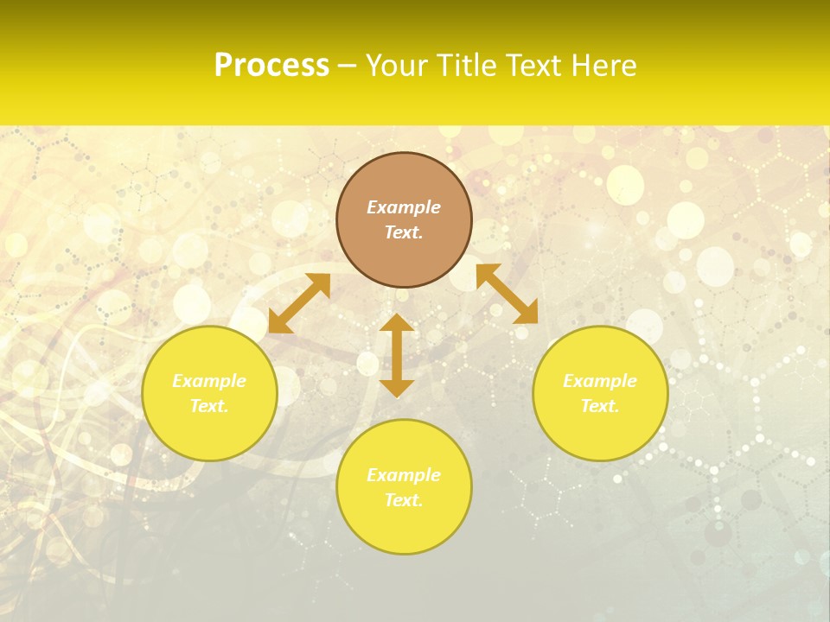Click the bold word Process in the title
click(x=271, y=66)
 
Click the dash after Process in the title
click(x=347, y=67)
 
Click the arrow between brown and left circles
click(x=299, y=303)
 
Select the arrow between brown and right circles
click(x=507, y=294)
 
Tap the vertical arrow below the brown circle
click(x=397, y=355)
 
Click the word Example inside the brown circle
click(x=404, y=207)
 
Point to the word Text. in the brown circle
click(x=404, y=232)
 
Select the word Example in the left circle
click(x=209, y=381)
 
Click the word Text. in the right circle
click(x=600, y=406)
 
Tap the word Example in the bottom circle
click(x=404, y=475)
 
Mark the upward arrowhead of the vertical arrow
click(x=397, y=322)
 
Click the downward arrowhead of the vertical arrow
click(x=397, y=388)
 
